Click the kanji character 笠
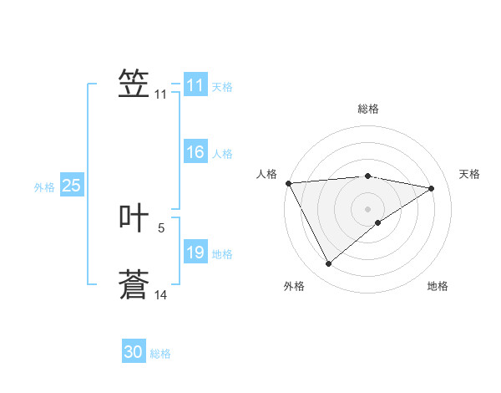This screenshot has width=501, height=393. (134, 84)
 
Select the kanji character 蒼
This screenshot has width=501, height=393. (134, 284)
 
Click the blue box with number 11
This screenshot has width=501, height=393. (195, 85)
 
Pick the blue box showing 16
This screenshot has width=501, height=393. (195, 152)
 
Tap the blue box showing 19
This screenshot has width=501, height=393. (195, 253)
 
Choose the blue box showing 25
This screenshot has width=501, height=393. (72, 186)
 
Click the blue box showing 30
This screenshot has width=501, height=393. (134, 352)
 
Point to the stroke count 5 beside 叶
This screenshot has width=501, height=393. (161, 227)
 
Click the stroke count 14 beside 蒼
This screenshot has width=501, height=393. (161, 294)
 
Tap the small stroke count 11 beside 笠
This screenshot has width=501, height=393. (160, 94)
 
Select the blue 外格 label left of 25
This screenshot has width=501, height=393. (44, 187)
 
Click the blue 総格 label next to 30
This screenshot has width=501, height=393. (160, 354)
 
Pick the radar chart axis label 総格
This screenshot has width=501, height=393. (367, 109)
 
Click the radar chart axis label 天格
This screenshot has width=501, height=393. (469, 174)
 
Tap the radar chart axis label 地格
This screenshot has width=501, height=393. (438, 286)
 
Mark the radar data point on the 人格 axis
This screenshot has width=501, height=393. (288, 182)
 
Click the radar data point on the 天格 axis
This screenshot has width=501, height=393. (432, 188)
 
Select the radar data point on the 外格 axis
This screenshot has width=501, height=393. (328, 264)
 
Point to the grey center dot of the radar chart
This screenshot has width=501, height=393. (367, 208)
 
